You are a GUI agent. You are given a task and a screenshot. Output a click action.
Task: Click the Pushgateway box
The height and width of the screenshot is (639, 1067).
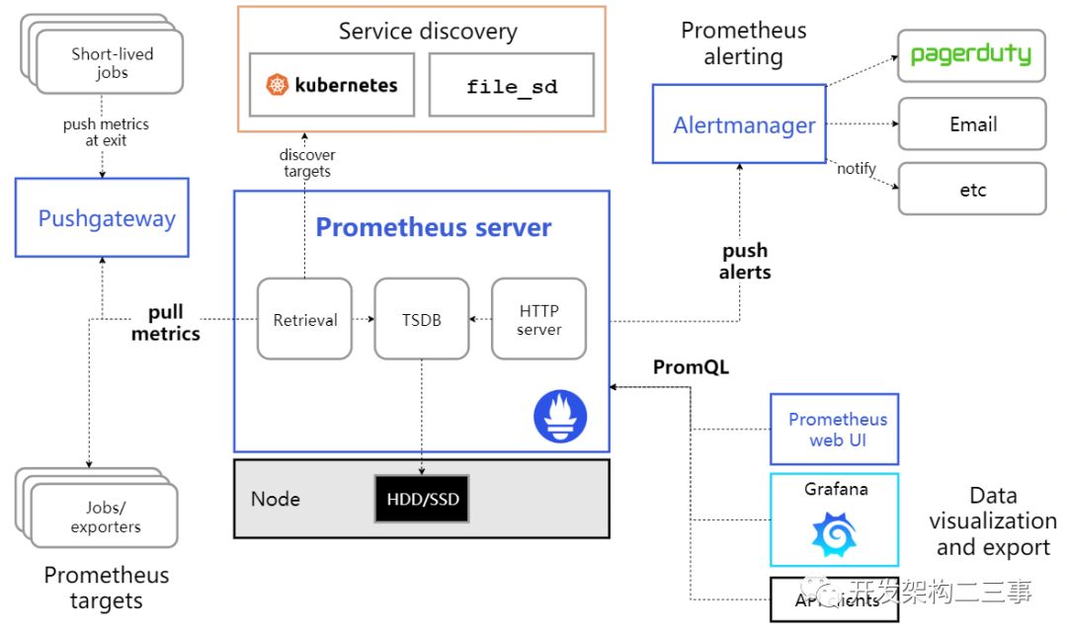tap(102, 217)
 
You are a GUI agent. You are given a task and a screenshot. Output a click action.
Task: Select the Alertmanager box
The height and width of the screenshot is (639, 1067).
tap(739, 124)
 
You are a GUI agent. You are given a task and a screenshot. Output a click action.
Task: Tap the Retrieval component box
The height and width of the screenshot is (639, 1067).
tap(304, 319)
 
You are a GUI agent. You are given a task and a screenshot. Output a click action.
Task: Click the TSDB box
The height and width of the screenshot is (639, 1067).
tap(421, 319)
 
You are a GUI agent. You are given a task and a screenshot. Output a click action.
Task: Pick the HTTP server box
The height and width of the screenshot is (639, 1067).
tap(538, 319)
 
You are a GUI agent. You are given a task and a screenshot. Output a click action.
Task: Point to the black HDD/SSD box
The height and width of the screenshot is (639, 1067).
tap(422, 499)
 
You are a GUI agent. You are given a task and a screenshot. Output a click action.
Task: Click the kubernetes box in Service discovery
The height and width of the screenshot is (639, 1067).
tap(331, 85)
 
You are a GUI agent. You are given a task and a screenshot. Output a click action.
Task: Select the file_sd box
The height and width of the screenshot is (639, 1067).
tap(511, 85)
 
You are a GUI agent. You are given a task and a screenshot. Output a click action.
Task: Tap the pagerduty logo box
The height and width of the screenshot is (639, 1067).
tap(971, 55)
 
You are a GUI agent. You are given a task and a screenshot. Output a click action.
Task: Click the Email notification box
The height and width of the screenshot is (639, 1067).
tap(971, 124)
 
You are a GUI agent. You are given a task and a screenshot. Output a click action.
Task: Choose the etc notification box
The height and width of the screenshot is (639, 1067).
tap(971, 190)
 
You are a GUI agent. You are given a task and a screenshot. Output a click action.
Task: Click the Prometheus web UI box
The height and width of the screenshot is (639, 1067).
tap(835, 430)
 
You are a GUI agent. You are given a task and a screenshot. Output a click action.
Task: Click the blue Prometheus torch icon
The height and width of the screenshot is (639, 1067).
tap(560, 416)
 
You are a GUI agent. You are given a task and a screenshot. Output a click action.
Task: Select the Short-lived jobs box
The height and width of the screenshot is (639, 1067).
tap(112, 63)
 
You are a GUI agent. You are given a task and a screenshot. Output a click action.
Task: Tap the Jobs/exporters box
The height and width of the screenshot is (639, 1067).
tap(105, 517)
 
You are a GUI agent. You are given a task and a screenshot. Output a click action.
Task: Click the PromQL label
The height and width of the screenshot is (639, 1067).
tap(691, 367)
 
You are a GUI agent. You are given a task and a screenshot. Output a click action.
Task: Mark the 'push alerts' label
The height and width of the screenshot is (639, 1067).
tap(745, 262)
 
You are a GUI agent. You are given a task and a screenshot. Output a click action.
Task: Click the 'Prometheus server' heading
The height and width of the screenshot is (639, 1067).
tap(433, 227)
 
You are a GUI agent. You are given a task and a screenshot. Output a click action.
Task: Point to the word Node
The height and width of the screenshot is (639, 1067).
tap(275, 499)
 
